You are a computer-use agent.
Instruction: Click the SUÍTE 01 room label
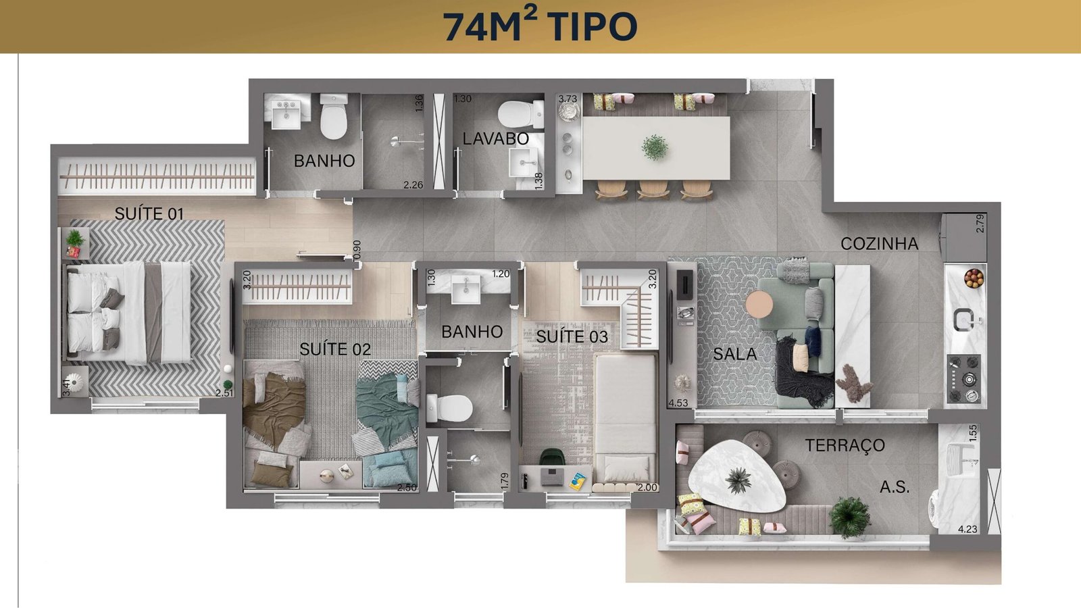click(149, 213)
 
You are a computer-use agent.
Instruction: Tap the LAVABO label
click(496, 138)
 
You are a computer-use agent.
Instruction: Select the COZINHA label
click(879, 244)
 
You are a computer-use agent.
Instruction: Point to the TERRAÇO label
click(845, 445)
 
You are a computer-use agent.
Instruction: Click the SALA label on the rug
click(734, 354)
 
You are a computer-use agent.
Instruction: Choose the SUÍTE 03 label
click(572, 336)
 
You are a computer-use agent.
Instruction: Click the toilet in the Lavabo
click(521, 114)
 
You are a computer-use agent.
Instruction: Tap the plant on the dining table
click(655, 147)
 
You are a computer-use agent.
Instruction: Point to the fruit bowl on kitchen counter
click(974, 278)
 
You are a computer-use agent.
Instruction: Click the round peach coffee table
click(759, 305)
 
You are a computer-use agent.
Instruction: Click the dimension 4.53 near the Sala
click(678, 403)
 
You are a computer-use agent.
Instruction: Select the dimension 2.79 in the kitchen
click(980, 224)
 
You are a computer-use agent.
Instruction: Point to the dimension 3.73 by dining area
click(568, 99)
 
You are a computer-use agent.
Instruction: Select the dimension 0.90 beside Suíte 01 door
click(357, 251)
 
